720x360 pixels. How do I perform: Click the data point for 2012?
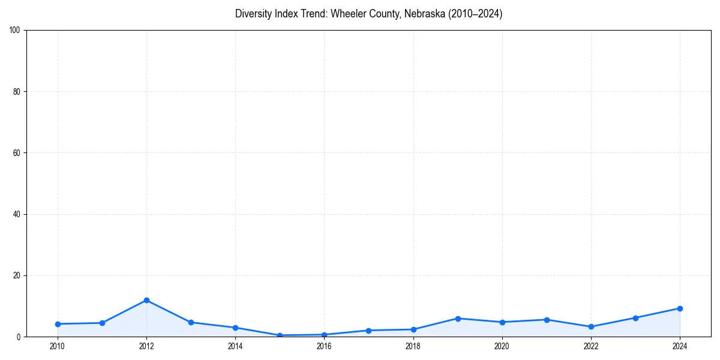coord(146,300)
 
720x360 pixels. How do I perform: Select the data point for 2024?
coord(680,308)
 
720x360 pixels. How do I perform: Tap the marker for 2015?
coord(280,335)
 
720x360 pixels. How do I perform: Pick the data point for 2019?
coord(458,319)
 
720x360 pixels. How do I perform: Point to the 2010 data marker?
coord(58,324)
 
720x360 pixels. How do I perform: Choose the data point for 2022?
coord(591,326)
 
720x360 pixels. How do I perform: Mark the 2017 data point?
coord(368,331)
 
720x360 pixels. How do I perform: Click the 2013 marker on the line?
coord(191,322)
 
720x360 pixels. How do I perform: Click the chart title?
coord(368,14)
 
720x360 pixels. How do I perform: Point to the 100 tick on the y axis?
coord(15,31)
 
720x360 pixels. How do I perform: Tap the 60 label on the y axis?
coord(17,153)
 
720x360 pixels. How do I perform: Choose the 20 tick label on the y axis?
coord(17,275)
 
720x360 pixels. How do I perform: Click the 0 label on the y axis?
coord(19,337)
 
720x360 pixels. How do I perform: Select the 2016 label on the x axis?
coord(324,346)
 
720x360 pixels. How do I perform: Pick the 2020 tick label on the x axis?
coord(502,346)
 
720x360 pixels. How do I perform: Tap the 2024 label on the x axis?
coord(680,346)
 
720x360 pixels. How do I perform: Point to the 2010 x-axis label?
coord(58,346)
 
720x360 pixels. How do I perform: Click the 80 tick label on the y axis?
coord(17,92)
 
